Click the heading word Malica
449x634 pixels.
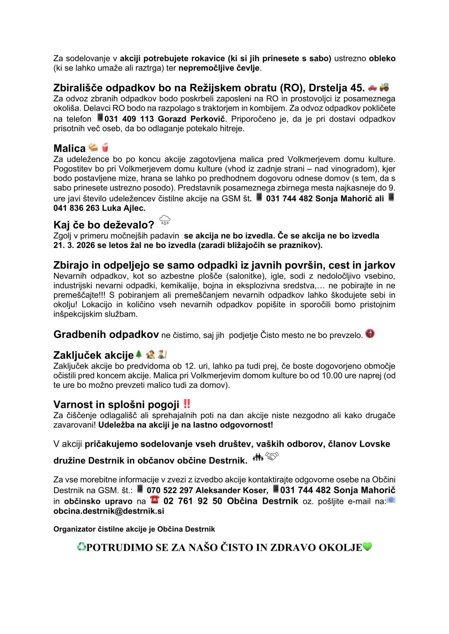(x=70, y=149)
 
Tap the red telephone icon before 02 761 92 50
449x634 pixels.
(x=154, y=500)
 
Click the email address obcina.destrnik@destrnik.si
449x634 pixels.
(x=109, y=511)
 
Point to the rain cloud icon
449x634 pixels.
(x=165, y=220)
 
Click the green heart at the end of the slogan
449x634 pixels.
(x=367, y=547)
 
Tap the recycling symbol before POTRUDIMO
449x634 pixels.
(x=81, y=547)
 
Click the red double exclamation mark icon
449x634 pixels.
(x=187, y=404)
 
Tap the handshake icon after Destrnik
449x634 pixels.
(x=272, y=456)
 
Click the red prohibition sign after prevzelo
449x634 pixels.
(x=370, y=334)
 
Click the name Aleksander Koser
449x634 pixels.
(x=232, y=490)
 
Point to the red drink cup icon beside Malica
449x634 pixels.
(x=105, y=148)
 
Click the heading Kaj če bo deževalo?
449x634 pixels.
(x=104, y=225)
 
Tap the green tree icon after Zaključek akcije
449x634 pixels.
(x=139, y=354)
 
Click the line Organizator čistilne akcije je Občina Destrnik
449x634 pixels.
(x=134, y=529)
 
